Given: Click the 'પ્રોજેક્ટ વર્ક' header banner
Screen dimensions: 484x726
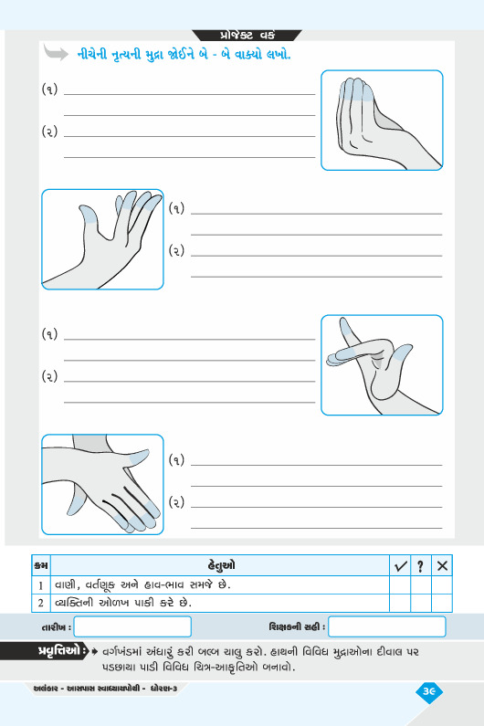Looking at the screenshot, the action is [247, 36].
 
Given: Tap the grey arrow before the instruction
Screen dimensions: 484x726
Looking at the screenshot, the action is [56, 52].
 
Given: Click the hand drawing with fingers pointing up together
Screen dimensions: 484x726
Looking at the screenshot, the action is [382, 121].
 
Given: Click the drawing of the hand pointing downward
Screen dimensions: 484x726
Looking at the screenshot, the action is [102, 484].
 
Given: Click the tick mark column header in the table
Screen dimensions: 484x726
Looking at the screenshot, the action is [400, 566].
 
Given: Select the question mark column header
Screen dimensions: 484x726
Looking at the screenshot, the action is [421, 566].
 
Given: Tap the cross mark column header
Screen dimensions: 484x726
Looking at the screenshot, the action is [442, 566].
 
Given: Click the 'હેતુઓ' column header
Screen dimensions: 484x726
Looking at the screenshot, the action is [221, 565].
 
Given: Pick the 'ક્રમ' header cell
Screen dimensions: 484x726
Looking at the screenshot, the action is [41, 566].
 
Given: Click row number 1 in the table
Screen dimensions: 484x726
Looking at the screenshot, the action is [41, 585].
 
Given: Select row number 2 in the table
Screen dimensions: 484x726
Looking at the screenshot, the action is [41, 603].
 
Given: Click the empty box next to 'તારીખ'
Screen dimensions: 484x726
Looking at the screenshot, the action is [132, 626].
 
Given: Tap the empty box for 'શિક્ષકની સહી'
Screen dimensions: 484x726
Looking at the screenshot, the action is [386, 626].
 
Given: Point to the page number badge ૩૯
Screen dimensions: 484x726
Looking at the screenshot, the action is [429, 691].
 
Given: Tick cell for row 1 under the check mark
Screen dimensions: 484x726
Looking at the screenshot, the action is [400, 585].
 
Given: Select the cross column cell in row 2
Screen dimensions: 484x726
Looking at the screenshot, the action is [442, 604].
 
